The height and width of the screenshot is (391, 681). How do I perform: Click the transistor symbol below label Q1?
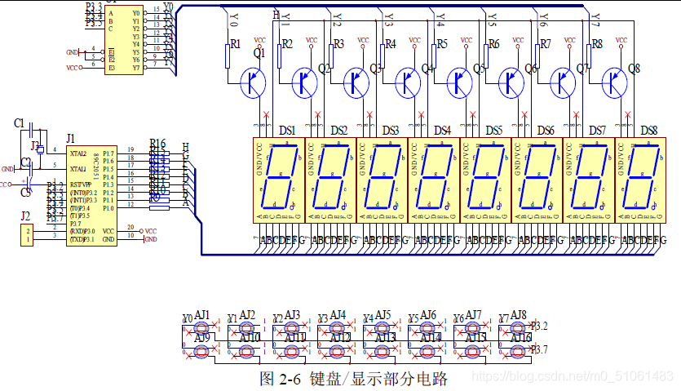pyautogui.click(x=254, y=82)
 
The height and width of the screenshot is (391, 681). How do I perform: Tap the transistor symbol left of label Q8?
pyautogui.click(x=613, y=82)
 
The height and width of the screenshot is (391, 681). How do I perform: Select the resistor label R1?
pyautogui.click(x=236, y=44)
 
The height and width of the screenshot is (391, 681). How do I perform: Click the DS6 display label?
pyautogui.click(x=546, y=130)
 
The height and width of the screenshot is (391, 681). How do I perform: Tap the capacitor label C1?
pyautogui.click(x=20, y=122)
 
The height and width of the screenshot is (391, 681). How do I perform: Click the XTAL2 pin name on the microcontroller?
pyautogui.click(x=78, y=153)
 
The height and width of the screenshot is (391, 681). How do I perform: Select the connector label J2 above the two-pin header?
pyautogui.click(x=25, y=216)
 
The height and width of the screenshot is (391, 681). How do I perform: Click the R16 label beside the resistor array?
pyautogui.click(x=157, y=143)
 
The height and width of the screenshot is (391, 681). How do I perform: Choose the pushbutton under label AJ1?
pyautogui.click(x=201, y=327)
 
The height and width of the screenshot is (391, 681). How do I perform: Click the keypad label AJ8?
pyautogui.click(x=519, y=314)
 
